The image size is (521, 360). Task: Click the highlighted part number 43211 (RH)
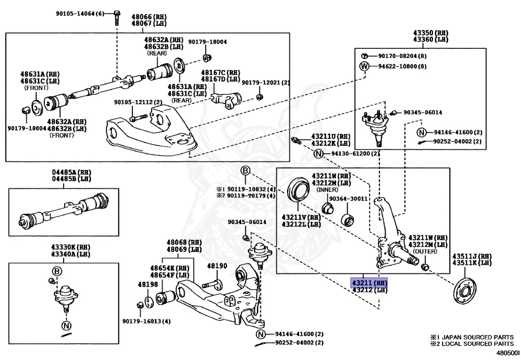pyautogui.click(x=369, y=283)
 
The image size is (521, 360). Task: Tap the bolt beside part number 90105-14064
pyautogui.click(x=117, y=18)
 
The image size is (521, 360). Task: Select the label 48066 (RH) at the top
pyautogui.click(x=149, y=17)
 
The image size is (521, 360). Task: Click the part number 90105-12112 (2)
pyautogui.click(x=138, y=102)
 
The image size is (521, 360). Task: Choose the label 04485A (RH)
pyautogui.click(x=71, y=172)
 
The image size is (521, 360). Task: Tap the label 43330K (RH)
pyautogui.click(x=71, y=247)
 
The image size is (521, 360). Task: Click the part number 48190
pyautogui.click(x=217, y=266)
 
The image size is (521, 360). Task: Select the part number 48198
pyautogui.click(x=148, y=284)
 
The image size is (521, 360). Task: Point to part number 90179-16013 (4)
pyautogui.click(x=147, y=321)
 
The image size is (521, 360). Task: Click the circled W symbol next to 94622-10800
pyautogui.click(x=364, y=66)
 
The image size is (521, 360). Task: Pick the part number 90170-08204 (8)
pyautogui.click(x=402, y=56)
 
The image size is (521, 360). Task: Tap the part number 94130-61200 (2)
pyautogui.click(x=355, y=154)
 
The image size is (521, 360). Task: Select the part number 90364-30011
pyautogui.click(x=348, y=199)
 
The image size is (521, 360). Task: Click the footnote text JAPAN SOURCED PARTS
pyautogui.click(x=477, y=337)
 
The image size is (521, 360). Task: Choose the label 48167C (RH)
pyautogui.click(x=220, y=72)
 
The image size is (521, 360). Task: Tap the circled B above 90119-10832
pyautogui.click(x=245, y=171)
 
